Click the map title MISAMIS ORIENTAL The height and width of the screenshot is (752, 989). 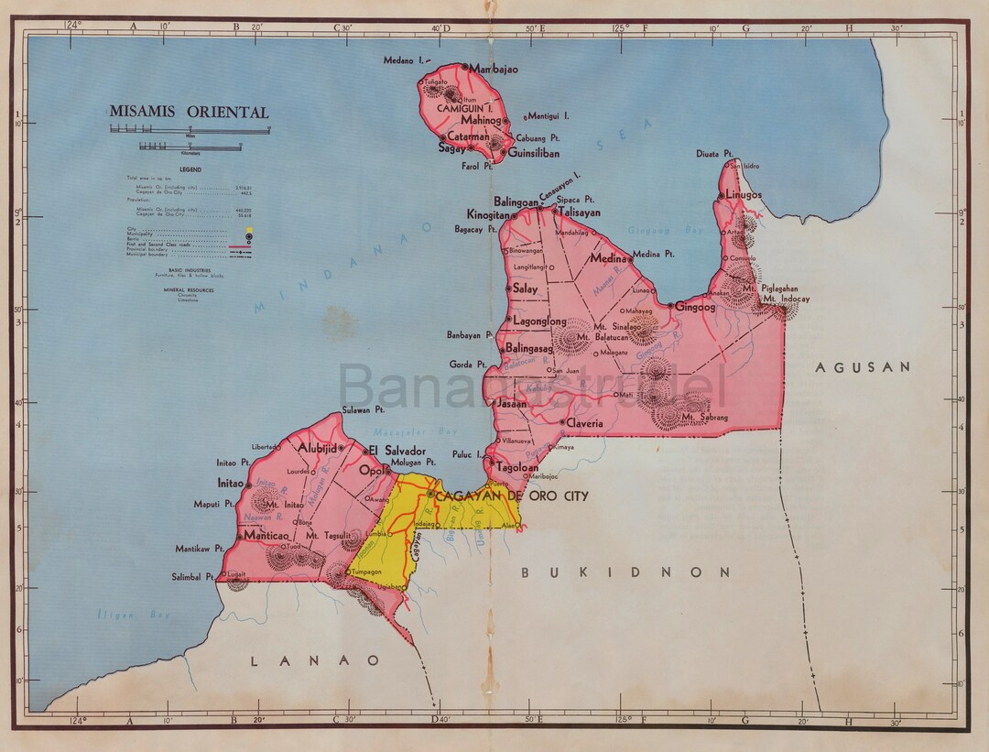[x=190, y=113]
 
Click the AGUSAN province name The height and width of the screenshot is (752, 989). [x=864, y=366]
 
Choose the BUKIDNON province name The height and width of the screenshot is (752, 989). [x=625, y=572]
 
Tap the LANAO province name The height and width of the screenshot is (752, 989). [x=316, y=659]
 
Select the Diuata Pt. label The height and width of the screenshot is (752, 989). [x=714, y=154]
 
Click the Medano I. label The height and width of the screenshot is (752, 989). [x=410, y=60]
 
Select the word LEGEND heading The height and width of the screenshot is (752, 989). [x=190, y=169]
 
